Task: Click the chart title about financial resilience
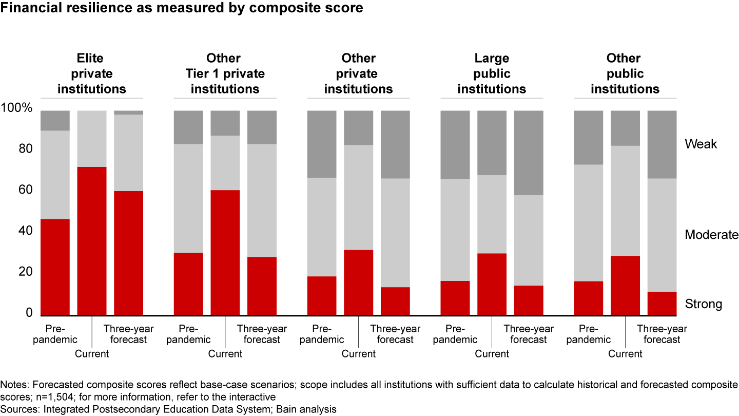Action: pos(182,8)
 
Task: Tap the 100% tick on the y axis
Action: pos(17,108)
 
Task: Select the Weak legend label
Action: pos(701,144)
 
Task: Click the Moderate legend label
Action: pos(711,235)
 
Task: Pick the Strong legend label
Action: pos(703,304)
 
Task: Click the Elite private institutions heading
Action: pos(91,73)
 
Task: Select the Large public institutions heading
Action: pos(492,73)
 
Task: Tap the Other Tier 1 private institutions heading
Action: pos(225,73)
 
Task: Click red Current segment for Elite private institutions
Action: pos(92,240)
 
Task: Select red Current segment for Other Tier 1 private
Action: pos(225,252)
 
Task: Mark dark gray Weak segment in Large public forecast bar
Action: pos(529,153)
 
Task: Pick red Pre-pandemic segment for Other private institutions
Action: pos(322,295)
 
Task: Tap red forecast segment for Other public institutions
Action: pos(662,303)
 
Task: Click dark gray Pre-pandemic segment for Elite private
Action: pos(55,120)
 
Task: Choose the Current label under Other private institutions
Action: pos(358,354)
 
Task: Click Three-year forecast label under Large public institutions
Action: pos(529,334)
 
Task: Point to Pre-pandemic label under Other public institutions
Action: pos(588,334)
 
